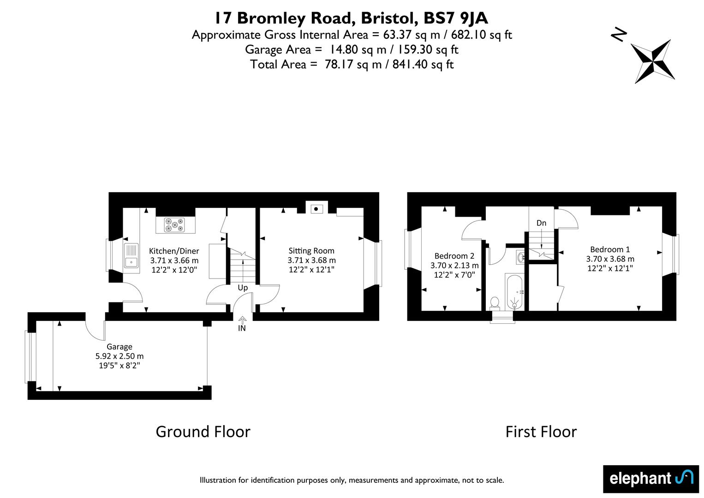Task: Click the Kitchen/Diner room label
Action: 174,251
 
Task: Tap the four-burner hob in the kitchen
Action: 174,225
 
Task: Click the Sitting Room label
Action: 311,251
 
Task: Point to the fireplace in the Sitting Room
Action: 316,209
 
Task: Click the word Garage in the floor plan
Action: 119,347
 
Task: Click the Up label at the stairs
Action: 243,287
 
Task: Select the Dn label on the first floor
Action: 541,223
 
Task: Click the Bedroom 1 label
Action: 610,249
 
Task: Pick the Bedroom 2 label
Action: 454,256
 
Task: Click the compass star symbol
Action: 653,62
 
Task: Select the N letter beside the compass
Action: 619,35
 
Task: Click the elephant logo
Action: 651,479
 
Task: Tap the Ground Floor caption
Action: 203,432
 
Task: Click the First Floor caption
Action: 541,432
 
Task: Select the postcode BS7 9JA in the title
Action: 456,18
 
